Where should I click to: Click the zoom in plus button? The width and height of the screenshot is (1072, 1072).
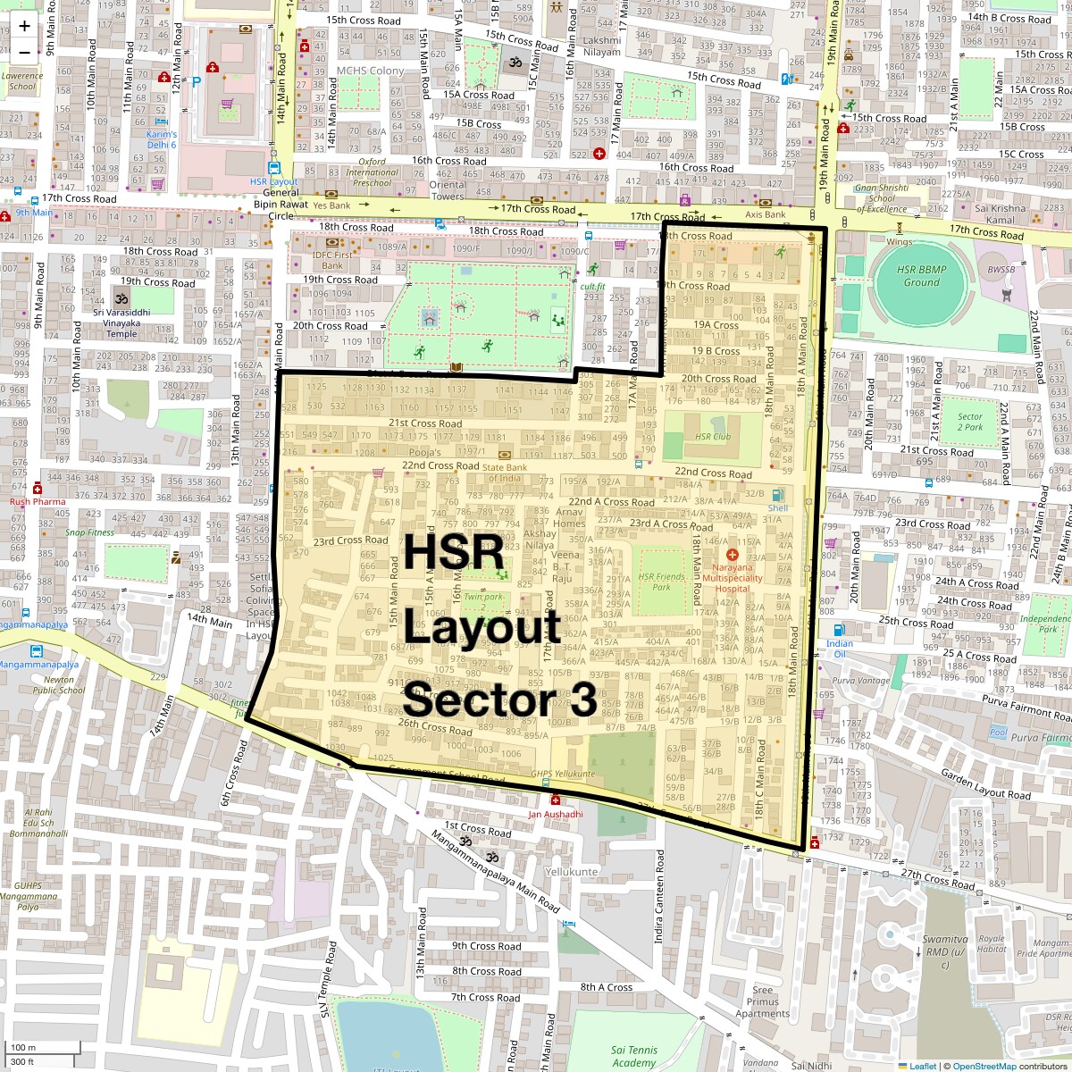(x=24, y=25)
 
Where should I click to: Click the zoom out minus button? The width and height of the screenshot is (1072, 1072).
(x=24, y=52)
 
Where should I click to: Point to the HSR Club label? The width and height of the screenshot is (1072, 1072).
(x=712, y=437)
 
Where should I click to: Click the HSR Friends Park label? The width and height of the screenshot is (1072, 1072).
(x=661, y=582)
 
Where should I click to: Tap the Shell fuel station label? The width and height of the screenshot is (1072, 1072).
(x=777, y=508)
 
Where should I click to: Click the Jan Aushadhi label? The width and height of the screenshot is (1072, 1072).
(x=555, y=814)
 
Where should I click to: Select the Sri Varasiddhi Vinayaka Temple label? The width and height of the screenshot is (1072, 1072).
(x=121, y=322)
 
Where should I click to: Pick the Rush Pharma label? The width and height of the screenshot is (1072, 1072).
(x=38, y=501)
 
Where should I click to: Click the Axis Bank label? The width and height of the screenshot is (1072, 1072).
(x=765, y=214)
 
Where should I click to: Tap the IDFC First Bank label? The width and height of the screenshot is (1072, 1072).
(x=332, y=259)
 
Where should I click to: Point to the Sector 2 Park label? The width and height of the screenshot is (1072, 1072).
(x=969, y=422)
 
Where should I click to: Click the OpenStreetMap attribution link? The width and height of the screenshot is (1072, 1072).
(x=984, y=1066)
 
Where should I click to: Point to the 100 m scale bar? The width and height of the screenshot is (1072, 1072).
(x=25, y=1047)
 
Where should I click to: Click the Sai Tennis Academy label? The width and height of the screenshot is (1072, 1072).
(x=634, y=1057)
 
